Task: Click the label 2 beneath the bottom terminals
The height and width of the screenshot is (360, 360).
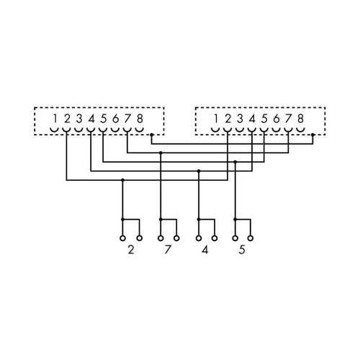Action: point(130,251)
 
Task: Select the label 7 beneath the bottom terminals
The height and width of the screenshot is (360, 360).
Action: point(168,251)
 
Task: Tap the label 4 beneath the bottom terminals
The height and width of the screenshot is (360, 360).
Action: point(205,251)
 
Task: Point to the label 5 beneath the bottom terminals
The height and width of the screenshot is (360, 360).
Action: point(243,251)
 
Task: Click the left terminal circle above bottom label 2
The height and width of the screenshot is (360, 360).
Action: point(122,237)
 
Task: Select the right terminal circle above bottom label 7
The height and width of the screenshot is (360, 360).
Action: point(176,237)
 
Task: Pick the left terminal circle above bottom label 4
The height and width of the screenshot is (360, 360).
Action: point(198,237)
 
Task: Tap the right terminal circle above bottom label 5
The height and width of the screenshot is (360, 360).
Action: point(251,237)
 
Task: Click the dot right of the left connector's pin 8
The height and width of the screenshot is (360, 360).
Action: point(152,135)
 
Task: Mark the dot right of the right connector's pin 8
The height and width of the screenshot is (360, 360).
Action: point(312,135)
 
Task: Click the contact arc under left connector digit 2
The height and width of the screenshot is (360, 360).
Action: point(66,131)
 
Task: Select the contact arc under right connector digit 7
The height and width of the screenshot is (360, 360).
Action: point(288,131)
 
